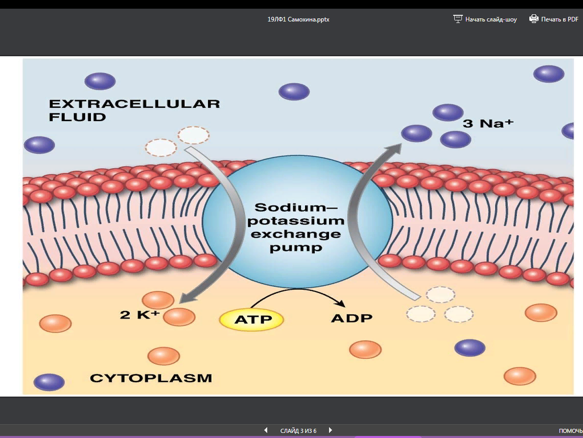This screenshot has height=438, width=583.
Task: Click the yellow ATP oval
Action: click(251, 320)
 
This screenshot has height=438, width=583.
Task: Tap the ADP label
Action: click(352, 318)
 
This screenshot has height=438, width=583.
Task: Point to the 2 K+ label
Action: click(139, 315)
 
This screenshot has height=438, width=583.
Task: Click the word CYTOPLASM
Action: click(151, 379)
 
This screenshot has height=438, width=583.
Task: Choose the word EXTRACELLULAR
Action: click(134, 104)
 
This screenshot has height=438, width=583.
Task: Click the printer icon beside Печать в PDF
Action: click(534, 19)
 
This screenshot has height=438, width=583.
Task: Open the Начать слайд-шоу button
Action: click(485, 19)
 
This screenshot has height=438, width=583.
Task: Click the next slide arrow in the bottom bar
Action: click(330, 430)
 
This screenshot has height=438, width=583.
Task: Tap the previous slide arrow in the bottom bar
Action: click(266, 430)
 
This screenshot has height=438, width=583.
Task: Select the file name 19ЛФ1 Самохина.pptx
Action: click(295, 19)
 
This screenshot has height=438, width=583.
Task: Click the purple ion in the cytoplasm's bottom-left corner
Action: click(49, 382)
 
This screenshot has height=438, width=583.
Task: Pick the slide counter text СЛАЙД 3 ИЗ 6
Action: click(298, 431)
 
